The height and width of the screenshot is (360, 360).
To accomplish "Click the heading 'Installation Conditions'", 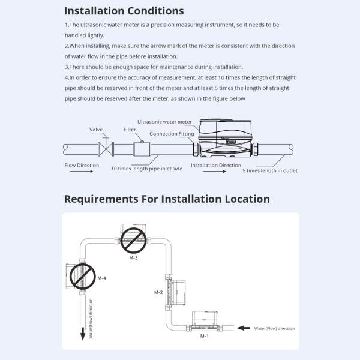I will (x=124, y=11).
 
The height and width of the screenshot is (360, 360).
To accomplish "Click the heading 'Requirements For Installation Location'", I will (x=167, y=199).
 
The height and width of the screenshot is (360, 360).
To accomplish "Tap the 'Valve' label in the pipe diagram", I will (x=96, y=130).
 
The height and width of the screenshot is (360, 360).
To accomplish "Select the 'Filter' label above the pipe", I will (x=129, y=130).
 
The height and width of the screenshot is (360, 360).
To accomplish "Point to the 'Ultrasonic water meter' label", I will (x=165, y=122).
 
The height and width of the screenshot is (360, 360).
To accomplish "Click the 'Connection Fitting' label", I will (x=171, y=134).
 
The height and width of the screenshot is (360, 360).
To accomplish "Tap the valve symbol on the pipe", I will (x=106, y=148).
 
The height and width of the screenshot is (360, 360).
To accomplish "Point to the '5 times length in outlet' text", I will (x=270, y=170).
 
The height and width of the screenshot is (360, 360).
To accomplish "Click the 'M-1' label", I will (x=204, y=337).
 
